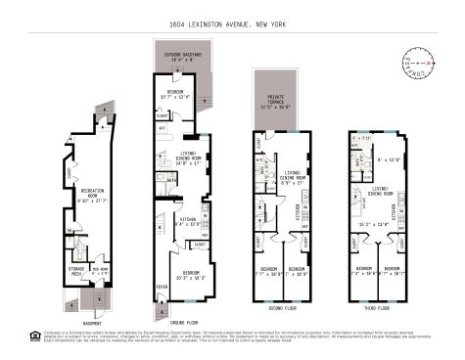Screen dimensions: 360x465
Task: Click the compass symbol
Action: [415, 64]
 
